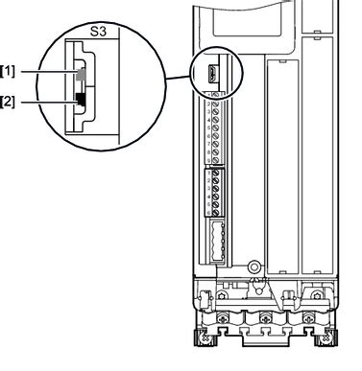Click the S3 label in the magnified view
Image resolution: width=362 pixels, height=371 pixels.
[x=99, y=31]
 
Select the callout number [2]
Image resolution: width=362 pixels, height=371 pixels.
[x=10, y=99]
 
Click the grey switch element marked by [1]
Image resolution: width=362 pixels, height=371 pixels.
[x=81, y=72]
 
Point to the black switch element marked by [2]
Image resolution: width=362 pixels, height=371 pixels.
[x=81, y=97]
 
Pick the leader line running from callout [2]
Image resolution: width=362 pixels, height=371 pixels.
[x=48, y=99]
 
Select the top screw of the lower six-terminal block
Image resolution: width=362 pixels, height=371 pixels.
[x=215, y=174]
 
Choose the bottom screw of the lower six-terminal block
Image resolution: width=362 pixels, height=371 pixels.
[x=215, y=214]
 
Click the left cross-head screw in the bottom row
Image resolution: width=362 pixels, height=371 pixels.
[x=223, y=315]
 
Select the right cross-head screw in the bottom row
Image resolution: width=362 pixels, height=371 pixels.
[x=306, y=315]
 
